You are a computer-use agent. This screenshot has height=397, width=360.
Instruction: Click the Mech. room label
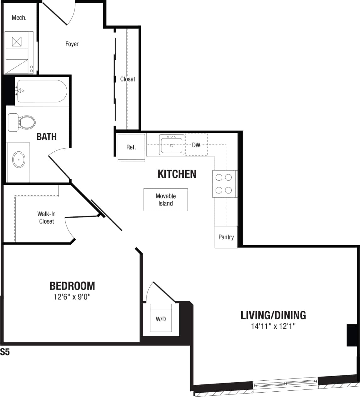click(19, 18)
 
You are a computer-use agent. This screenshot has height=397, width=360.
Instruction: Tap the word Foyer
click(72, 44)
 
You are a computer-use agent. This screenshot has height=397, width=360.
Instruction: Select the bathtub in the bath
click(42, 91)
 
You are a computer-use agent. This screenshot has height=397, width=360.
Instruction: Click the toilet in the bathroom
click(26, 122)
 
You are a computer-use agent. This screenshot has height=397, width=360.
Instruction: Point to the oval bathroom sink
click(19, 160)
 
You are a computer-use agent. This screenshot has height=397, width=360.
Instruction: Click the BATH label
click(47, 137)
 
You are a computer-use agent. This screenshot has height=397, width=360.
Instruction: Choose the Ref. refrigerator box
click(131, 147)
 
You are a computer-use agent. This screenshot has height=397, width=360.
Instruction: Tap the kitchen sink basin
click(172, 145)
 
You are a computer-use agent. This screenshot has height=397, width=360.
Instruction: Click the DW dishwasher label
click(196, 145)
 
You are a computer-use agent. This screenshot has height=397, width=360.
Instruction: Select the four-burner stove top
click(224, 184)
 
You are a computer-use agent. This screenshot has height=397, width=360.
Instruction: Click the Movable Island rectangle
click(166, 200)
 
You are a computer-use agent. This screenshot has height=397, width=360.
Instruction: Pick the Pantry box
click(226, 237)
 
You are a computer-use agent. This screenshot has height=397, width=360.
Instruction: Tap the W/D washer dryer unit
click(161, 318)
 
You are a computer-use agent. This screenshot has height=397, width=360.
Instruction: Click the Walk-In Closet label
click(47, 218)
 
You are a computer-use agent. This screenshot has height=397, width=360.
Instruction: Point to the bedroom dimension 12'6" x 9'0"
click(72, 297)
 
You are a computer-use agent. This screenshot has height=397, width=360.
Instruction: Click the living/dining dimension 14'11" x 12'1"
click(273, 326)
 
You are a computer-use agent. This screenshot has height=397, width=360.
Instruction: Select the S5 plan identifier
click(5, 352)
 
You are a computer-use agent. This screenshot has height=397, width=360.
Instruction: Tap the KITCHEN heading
click(177, 174)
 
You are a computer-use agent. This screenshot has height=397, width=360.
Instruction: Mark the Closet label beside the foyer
click(128, 79)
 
